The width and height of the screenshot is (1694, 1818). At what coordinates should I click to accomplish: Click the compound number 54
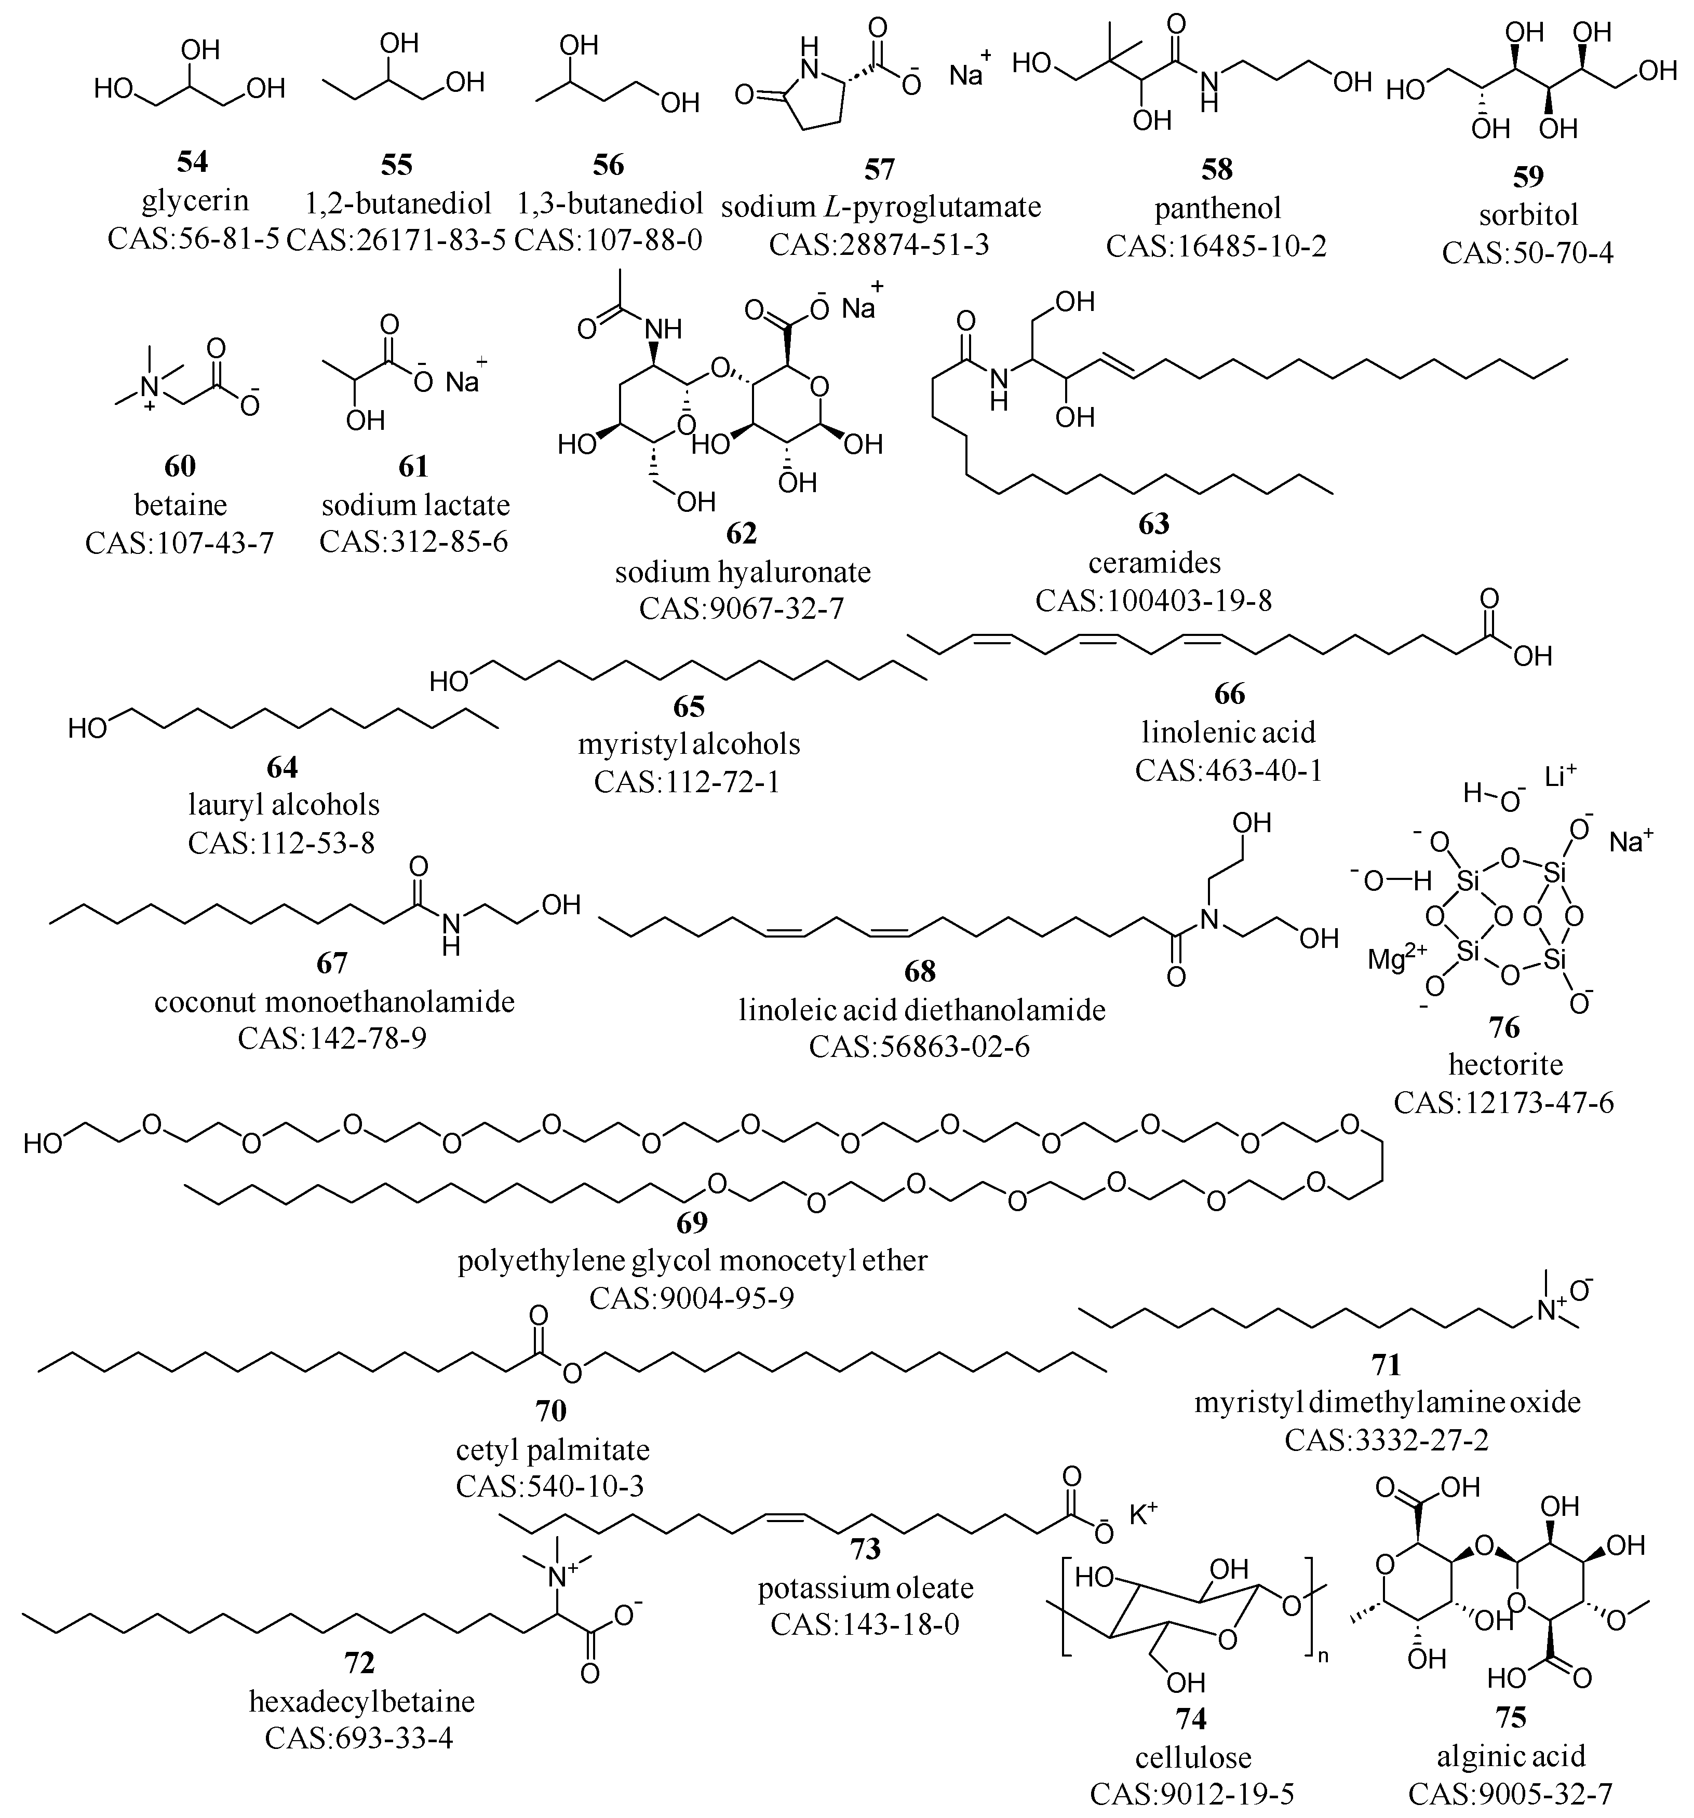coord(192,162)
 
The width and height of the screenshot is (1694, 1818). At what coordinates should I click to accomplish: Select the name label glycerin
coord(195,200)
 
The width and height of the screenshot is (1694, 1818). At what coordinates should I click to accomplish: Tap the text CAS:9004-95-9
coord(692,1298)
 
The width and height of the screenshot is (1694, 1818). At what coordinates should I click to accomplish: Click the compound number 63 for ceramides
coord(1154,524)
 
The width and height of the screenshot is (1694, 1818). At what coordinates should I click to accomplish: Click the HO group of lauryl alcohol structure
coord(89,728)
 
